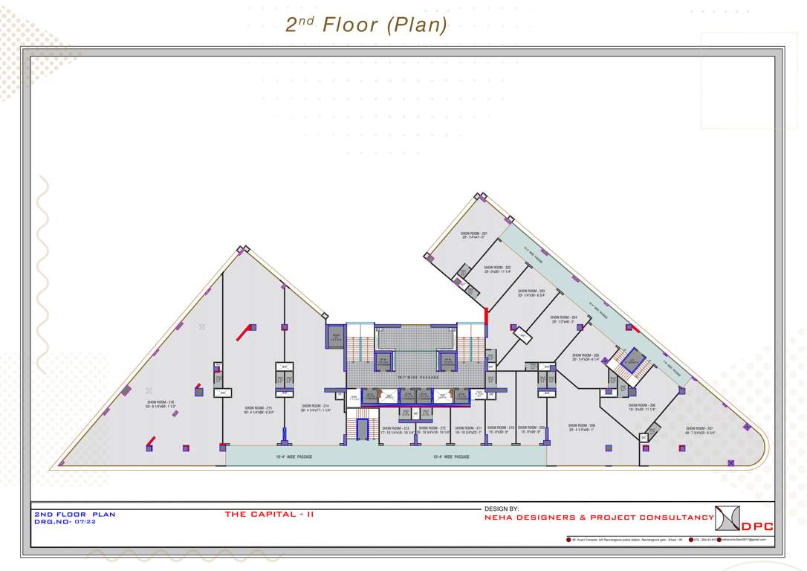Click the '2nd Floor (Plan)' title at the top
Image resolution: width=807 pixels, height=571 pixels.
coord(366,25)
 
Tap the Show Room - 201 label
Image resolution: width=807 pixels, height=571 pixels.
coord(473,235)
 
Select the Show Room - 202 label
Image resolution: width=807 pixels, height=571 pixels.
coord(497,269)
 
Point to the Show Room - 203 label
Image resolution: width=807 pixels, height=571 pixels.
coord(531,293)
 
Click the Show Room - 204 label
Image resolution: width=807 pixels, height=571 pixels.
coord(564,319)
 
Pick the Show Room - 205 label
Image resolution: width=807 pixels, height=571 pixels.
coord(586,357)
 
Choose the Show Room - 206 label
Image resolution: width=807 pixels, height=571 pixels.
coord(641,407)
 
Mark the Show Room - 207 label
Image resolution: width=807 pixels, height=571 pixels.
coord(699,430)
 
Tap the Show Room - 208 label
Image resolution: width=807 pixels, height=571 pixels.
coord(581,428)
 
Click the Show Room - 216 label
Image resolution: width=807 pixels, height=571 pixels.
coord(161,404)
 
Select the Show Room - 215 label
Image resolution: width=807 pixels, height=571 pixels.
coord(259,410)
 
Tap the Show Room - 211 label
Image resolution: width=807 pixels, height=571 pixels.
coord(468,430)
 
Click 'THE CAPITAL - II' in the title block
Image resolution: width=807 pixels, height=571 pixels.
coord(269,514)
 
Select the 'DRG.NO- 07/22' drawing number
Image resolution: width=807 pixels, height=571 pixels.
coord(65,522)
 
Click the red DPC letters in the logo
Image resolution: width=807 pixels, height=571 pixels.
coord(757,526)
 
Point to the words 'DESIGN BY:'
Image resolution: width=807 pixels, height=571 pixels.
coord(502,509)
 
